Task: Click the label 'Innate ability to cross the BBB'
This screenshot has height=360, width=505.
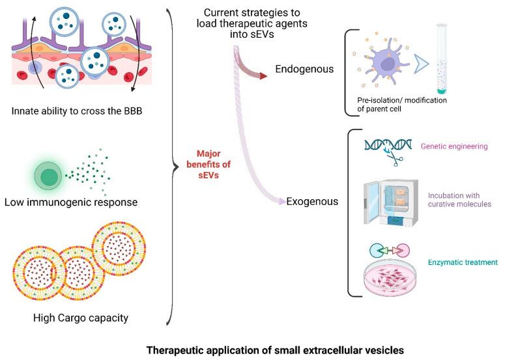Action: pos(78,112)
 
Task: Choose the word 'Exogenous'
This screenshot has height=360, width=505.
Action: pos(313,201)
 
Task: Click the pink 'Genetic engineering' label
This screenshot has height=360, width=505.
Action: pos(455,146)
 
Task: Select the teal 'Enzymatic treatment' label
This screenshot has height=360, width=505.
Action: pos(463,262)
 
